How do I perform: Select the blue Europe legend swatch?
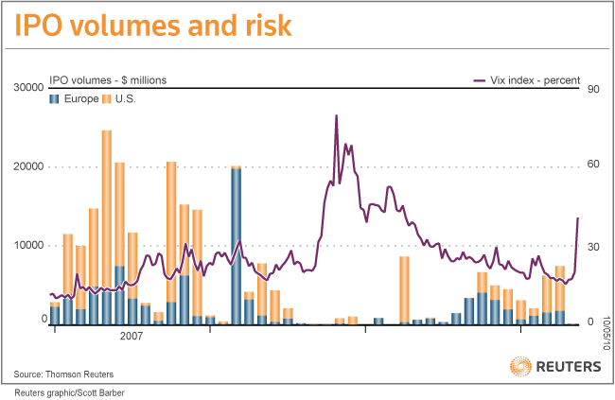tap(55, 99)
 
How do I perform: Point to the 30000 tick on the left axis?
tap(29, 88)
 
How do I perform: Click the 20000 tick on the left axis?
tap(29, 166)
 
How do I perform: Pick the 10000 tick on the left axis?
tap(29, 245)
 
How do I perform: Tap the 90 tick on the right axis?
tap(595, 89)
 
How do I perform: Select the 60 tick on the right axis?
tap(595, 166)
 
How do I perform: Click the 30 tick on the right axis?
tap(595, 245)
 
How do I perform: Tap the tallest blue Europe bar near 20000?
tap(236, 246)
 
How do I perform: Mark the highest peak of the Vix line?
tap(336, 116)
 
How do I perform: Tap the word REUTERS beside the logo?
tap(568, 366)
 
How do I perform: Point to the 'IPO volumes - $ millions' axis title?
tap(108, 80)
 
